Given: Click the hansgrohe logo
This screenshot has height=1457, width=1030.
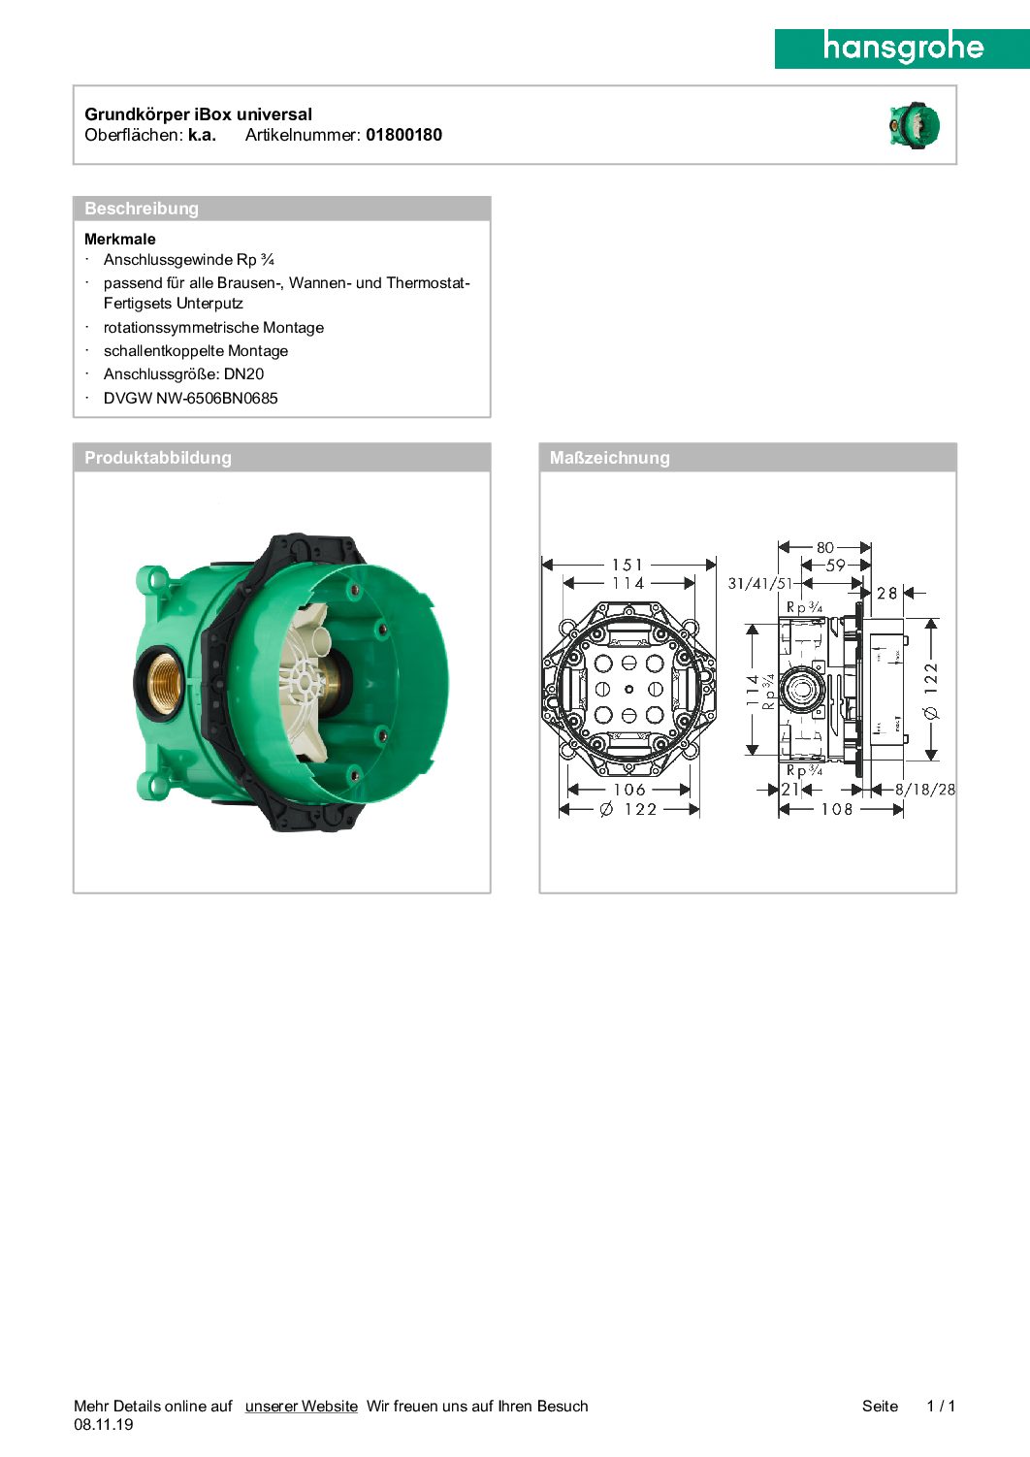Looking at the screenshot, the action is point(902,49).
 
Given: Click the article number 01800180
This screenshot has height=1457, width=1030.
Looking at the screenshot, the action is point(403,135).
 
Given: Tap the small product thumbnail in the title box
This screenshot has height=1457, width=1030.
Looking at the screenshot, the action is point(915,125).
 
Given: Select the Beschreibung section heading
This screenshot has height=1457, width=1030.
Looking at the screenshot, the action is point(141,209).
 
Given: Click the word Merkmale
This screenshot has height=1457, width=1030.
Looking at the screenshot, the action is point(119,240).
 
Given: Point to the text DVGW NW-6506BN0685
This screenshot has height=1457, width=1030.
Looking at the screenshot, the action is point(190,398).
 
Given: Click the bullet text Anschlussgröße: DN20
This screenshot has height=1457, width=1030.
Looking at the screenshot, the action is point(183,374).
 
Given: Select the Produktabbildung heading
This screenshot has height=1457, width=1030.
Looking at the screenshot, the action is point(158,458).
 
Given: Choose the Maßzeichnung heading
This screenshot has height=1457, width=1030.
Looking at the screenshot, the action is point(609,458).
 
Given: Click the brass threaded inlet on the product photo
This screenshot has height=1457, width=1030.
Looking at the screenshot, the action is point(159,681).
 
